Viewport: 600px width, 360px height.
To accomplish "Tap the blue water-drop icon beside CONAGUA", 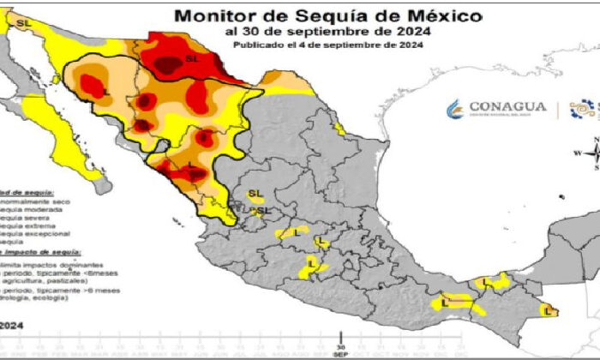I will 454,108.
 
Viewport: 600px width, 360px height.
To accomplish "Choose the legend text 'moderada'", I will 31,208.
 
